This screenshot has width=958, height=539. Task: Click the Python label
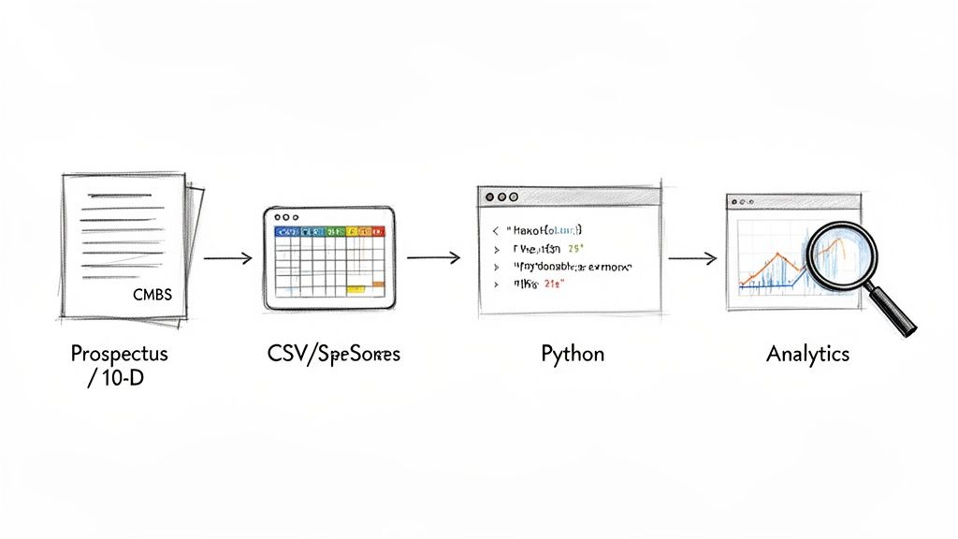[572, 355]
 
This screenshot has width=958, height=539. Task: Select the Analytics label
[807, 355]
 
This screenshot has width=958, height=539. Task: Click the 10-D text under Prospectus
[122, 378]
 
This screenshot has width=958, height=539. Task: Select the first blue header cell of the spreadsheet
[280, 230]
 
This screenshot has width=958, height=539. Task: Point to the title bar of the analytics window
[792, 201]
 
